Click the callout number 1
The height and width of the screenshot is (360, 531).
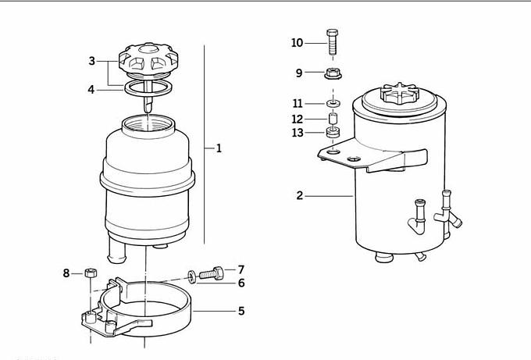click(219, 148)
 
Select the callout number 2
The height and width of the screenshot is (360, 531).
click(299, 196)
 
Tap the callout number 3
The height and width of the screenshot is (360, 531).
click(92, 61)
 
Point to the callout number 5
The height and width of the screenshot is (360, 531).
click(241, 311)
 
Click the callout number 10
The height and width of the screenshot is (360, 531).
click(297, 43)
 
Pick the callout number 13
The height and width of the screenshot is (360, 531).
click(298, 133)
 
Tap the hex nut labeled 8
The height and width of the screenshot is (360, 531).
click(91, 273)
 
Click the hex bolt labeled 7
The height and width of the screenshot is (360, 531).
click(212, 273)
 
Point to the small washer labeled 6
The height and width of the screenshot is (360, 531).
click(192, 276)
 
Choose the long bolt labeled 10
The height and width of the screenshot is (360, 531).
click(332, 42)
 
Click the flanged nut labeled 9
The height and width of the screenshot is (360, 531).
click(333, 73)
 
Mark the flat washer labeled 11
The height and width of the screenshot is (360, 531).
click(333, 103)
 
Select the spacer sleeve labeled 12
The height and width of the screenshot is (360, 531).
click(333, 119)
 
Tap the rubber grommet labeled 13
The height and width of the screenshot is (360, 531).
click(333, 132)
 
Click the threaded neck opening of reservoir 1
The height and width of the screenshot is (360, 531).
click(148, 125)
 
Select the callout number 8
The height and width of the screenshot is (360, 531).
click(66, 273)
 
